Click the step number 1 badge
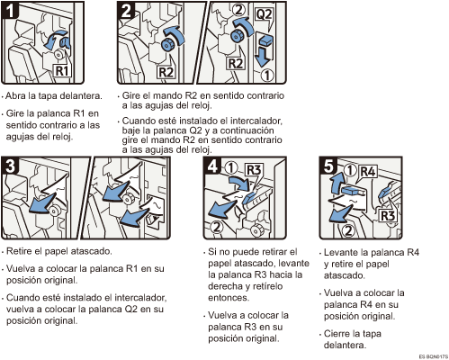click(10, 10)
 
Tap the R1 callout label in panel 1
click(62, 71)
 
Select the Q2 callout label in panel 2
click(264, 14)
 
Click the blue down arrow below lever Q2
click(263, 57)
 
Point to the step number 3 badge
click(11, 166)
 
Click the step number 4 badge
click(212, 166)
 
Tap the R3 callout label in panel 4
click(253, 170)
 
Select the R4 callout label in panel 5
click(368, 172)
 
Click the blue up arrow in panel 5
click(336, 183)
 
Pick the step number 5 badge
click(328, 166)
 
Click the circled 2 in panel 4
click(217, 227)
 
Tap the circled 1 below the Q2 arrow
click(266, 75)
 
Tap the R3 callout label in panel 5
click(387, 215)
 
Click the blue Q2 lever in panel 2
click(265, 40)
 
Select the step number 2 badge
click(126, 10)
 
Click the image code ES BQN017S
click(433, 356)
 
